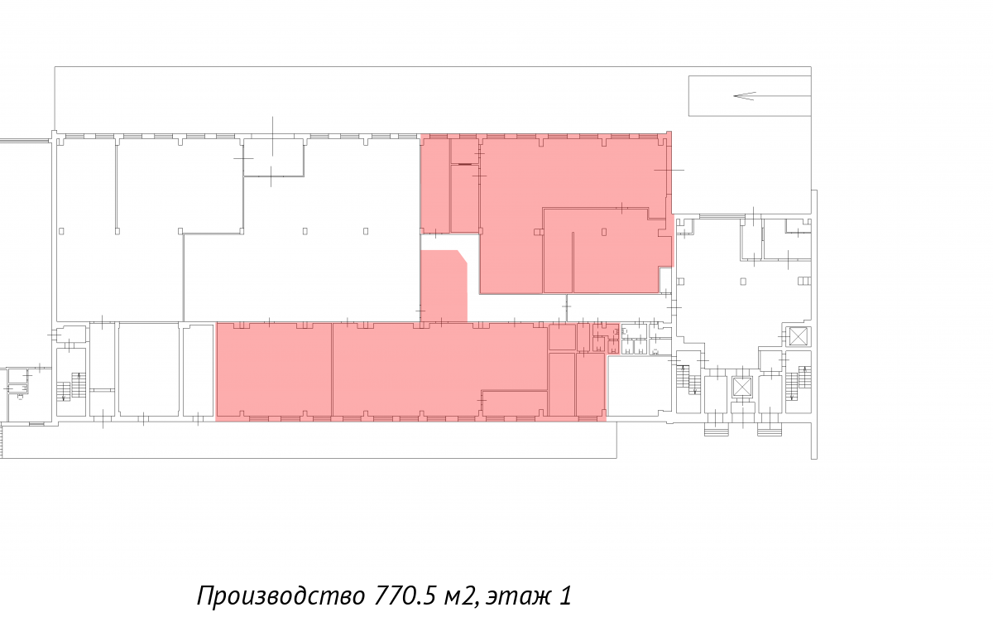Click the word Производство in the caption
coord(281,596)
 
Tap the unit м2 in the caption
coord(462,596)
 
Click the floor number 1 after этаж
coord(566,595)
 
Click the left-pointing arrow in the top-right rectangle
coord(772,95)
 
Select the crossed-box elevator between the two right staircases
coord(742,387)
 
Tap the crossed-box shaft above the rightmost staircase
coord(799,336)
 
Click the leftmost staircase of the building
coord(71,386)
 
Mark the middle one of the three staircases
coord(688,379)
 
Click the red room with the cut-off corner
coord(444,286)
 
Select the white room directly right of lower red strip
coord(639,386)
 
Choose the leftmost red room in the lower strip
coord(274,370)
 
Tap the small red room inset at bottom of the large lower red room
coord(514,403)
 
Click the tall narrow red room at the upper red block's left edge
coord(435,186)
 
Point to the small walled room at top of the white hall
coord(274,157)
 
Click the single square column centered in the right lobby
coord(743,282)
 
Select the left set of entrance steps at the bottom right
coord(716,429)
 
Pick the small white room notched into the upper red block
coord(664,280)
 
